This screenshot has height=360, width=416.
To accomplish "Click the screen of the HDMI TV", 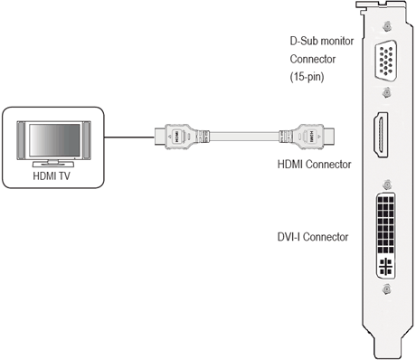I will click(56, 140).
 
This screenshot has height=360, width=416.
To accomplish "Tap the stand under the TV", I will click(56, 164).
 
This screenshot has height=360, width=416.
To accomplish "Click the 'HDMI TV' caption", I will click(56, 176).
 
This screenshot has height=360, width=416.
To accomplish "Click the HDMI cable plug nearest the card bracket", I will click(312, 139).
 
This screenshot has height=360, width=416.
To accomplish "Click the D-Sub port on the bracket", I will click(386, 62).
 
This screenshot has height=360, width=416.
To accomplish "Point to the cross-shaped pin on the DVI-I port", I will click(387, 267).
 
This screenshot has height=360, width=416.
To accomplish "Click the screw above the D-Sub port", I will click(386, 28).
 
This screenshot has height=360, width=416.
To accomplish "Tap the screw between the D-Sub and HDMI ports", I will click(386, 92).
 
